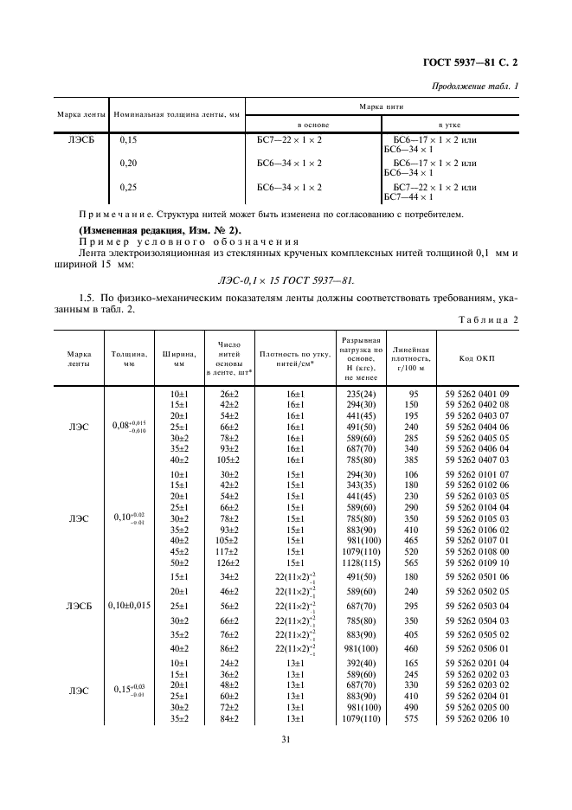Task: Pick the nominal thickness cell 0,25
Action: (x=129, y=186)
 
